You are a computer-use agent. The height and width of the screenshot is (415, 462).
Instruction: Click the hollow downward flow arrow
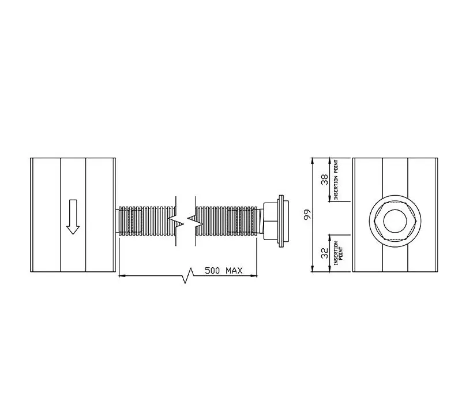coord(73,217)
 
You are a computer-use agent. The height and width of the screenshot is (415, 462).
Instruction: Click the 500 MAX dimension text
coord(224,271)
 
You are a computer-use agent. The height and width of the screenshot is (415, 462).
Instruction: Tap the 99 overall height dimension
coord(307,215)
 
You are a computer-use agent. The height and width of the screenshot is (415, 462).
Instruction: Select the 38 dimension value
coord(324,180)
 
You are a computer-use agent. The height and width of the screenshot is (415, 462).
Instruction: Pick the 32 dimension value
coord(324,253)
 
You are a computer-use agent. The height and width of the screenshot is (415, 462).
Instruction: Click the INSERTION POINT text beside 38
coord(336,180)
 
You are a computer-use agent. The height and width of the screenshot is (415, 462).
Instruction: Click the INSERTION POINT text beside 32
coord(337,253)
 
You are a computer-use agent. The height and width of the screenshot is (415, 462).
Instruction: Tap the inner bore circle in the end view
coord(395,220)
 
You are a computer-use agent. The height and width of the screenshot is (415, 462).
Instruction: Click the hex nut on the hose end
coord(269,220)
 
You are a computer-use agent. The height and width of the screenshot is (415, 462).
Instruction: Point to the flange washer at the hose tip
coord(282,220)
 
